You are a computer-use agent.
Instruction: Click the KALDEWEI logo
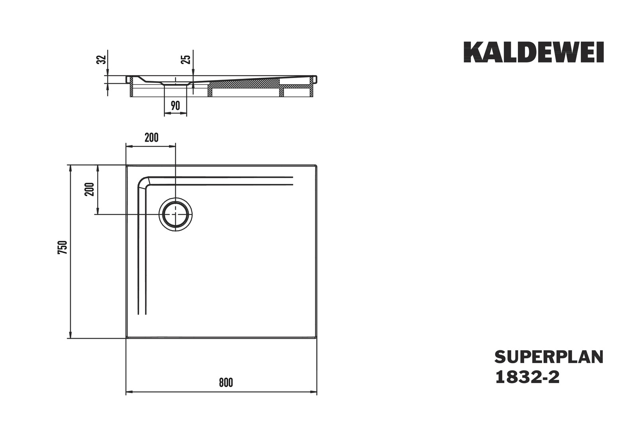point(533,52)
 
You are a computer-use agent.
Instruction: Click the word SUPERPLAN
point(549,357)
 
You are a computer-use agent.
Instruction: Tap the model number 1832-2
point(527,377)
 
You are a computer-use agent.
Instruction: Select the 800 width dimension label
point(226,383)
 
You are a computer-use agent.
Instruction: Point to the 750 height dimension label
point(63,248)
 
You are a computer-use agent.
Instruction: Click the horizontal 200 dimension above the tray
point(151,138)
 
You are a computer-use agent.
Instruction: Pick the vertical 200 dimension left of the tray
point(89,189)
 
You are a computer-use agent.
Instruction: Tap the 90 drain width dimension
point(175,106)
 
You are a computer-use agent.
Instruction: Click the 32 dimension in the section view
point(102,59)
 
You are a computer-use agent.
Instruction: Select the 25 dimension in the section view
point(186,59)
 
